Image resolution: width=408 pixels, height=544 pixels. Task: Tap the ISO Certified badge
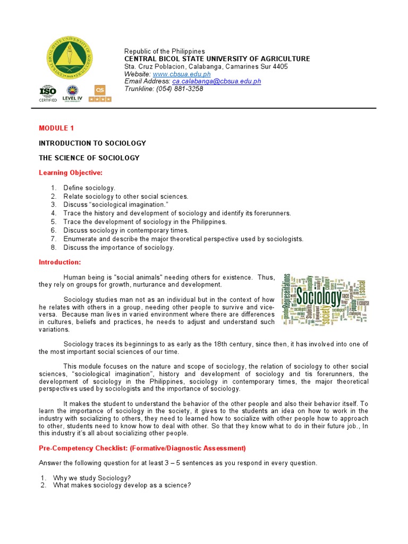click(x=48, y=93)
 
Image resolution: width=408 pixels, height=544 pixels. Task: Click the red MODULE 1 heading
click(x=54, y=129)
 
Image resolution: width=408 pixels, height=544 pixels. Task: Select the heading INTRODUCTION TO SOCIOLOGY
click(x=92, y=143)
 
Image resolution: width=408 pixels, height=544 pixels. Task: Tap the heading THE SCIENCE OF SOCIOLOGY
click(x=89, y=158)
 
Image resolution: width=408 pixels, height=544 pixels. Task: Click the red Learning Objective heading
click(x=71, y=173)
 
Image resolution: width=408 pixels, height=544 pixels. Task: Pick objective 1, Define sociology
click(x=89, y=188)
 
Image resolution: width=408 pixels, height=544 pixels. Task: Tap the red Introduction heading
click(x=60, y=262)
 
